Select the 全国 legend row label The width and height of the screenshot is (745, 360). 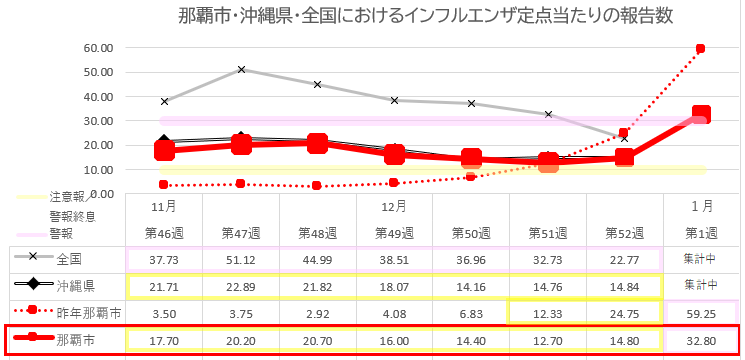pos(70,259)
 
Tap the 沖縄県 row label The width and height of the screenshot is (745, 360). pos(76,286)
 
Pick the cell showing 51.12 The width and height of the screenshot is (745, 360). pos(241,259)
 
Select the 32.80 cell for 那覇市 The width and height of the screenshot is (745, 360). pos(701,340)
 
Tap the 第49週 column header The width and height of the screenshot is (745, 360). pos(394,232)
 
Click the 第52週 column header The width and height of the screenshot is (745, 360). pos(624,232)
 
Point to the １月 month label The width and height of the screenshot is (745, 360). pos(701,206)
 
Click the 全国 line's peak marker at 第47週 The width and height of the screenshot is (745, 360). pos(241,70)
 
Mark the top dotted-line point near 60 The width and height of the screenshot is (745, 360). pos(701,48)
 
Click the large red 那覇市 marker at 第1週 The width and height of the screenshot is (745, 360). pos(701,115)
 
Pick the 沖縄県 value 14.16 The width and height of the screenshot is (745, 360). pos(471,286)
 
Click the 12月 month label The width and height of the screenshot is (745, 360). pos(394,206)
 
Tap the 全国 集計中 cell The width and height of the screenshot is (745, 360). pos(701,259)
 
